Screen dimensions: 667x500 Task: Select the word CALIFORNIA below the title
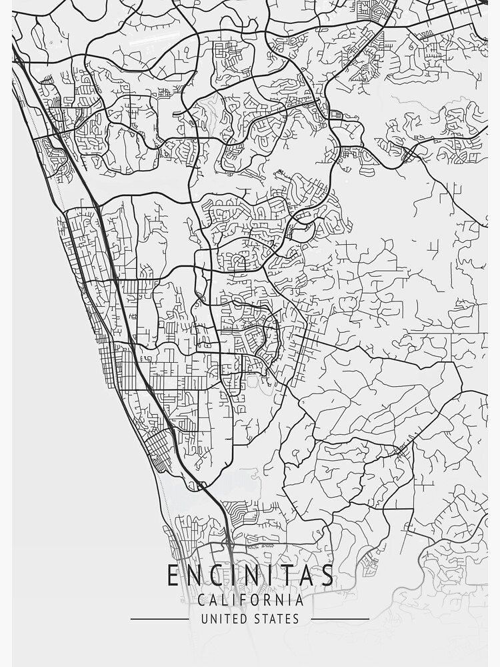tap(250, 600)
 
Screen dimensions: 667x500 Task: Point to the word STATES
tap(276, 619)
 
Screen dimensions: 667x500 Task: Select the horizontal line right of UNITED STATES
tap(340, 619)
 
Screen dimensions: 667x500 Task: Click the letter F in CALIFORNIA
tap(245, 600)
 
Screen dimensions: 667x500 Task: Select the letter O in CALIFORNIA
tap(257, 600)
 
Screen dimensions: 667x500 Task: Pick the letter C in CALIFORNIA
tap(202, 600)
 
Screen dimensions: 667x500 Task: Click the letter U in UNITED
tap(205, 619)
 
